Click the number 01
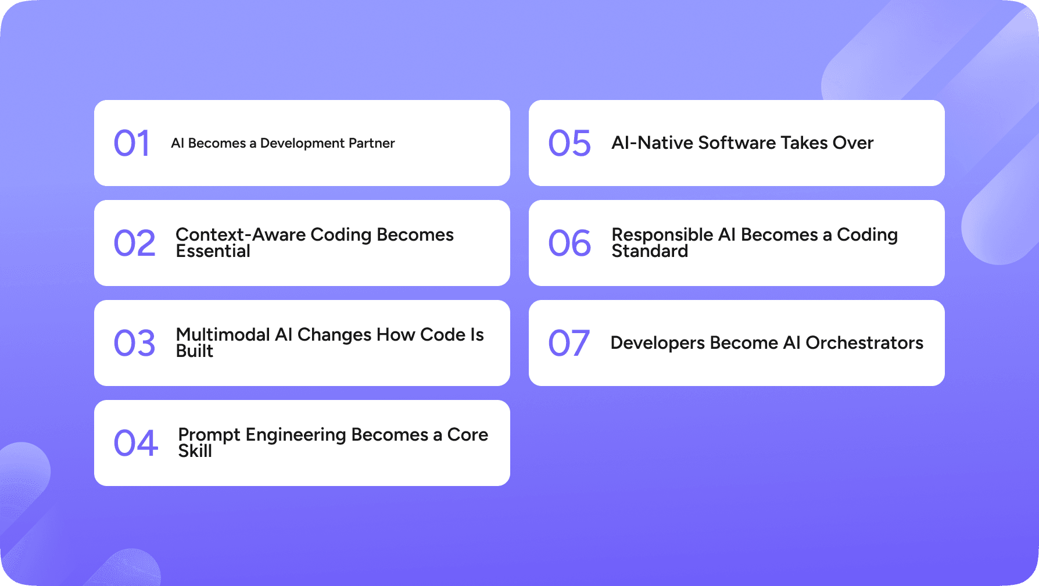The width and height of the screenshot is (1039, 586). [x=132, y=143]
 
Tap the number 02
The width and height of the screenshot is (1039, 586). [x=135, y=243]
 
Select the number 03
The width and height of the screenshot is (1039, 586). [x=135, y=343]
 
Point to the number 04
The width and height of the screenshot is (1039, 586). [x=136, y=443]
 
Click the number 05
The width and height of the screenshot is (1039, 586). [x=569, y=143]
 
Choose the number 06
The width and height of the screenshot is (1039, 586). [x=569, y=243]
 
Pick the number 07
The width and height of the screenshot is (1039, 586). [x=569, y=343]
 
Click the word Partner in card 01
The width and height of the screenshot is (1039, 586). [x=371, y=143]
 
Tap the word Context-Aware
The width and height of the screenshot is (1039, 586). [x=241, y=234]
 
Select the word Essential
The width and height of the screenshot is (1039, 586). [x=213, y=251]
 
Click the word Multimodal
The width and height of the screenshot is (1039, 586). [x=223, y=334]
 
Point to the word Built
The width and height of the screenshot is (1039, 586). [x=195, y=351]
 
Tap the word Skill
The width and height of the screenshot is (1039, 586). [x=195, y=451]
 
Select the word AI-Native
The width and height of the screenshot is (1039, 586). [x=652, y=143]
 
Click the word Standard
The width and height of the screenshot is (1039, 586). [x=650, y=251]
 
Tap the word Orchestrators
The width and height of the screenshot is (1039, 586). [x=865, y=343]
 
